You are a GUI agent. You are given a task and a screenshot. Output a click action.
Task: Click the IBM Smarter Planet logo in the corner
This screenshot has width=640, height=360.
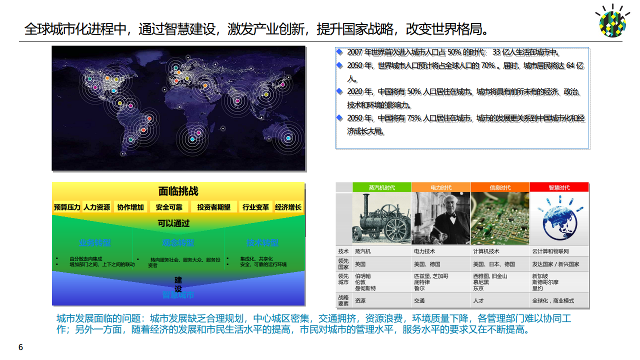[x=612, y=21]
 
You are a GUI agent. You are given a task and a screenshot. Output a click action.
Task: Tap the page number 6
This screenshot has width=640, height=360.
[x=20, y=347]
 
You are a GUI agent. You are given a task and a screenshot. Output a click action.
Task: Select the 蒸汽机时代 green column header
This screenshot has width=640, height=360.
[x=381, y=187]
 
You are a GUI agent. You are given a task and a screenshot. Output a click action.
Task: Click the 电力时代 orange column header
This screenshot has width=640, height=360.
[x=440, y=187]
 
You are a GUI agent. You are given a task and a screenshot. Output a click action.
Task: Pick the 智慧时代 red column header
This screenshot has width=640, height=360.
[x=559, y=187]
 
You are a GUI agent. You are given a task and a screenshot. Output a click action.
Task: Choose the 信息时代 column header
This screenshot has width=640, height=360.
[x=500, y=187]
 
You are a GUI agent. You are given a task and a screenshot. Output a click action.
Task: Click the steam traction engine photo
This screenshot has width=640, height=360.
[x=381, y=219]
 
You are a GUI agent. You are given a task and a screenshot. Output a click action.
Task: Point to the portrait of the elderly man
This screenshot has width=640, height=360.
[x=440, y=219]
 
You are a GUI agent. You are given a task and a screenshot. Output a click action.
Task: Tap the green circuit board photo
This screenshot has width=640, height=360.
[x=500, y=219]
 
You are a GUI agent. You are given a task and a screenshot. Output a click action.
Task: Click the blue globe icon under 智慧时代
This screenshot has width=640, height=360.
[x=558, y=220]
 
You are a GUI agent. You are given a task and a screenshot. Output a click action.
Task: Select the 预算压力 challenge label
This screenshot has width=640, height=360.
[x=67, y=207]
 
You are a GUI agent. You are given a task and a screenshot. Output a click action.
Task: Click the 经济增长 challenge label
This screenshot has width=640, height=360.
[x=288, y=207]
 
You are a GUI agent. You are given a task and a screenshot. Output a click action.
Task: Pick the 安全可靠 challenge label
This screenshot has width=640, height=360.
[x=169, y=207]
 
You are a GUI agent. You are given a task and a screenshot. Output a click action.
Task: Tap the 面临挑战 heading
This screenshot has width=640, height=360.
[x=178, y=191]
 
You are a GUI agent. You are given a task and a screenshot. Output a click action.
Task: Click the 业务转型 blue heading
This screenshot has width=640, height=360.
[x=95, y=243]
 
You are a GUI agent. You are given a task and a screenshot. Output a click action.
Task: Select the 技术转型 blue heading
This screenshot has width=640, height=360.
[x=262, y=243]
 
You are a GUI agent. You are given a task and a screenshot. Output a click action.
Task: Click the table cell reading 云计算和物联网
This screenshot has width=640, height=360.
[x=550, y=251]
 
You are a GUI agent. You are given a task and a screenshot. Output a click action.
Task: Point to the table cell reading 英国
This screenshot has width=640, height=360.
[x=360, y=264]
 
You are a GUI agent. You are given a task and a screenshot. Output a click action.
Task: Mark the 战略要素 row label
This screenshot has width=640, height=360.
[x=343, y=300]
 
